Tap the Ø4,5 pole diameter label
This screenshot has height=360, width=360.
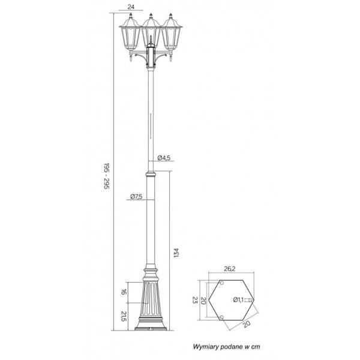click(164, 158)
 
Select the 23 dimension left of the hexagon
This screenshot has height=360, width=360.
click(196, 299)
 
